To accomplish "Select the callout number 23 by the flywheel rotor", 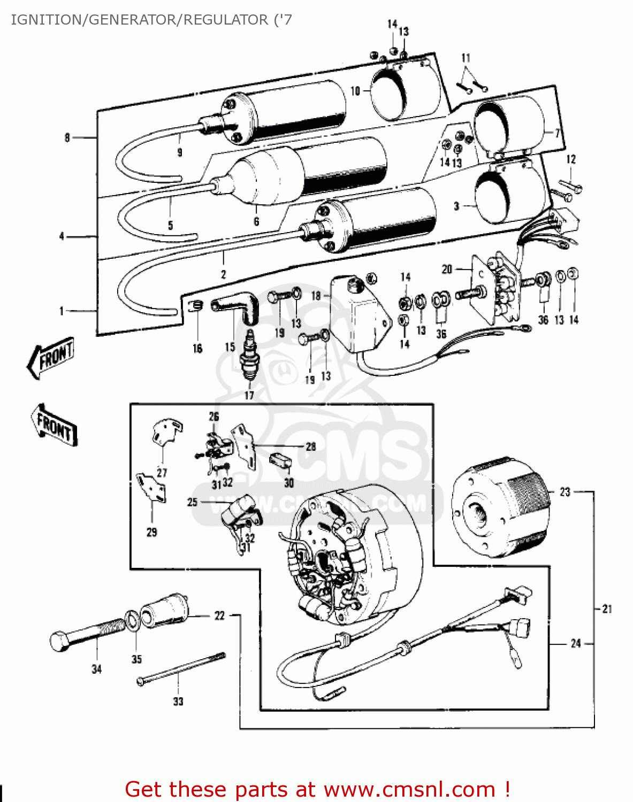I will pyautogui.click(x=565, y=492).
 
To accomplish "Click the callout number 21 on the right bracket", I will pyautogui.click(x=607, y=609).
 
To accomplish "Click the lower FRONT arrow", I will pyautogui.click(x=54, y=425).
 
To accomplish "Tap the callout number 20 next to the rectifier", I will pyautogui.click(x=447, y=269).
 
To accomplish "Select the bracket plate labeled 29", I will pyautogui.click(x=152, y=487).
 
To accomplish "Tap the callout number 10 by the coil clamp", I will pyautogui.click(x=355, y=91).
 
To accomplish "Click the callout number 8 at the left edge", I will pyautogui.click(x=67, y=138).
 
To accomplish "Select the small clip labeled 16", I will pyautogui.click(x=196, y=305).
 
